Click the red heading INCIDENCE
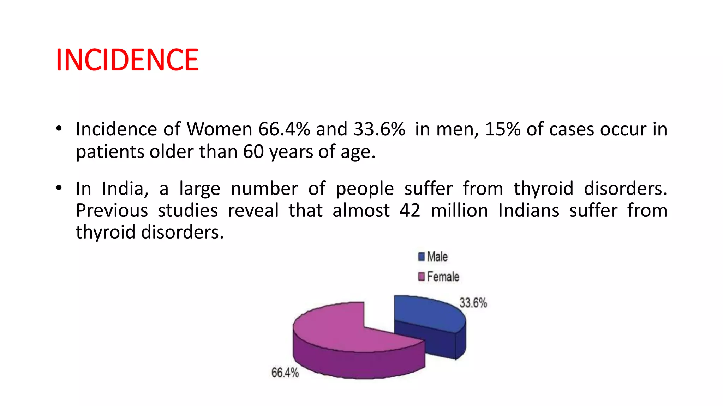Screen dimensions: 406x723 [x=127, y=60]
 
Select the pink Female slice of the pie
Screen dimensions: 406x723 [x=339, y=331]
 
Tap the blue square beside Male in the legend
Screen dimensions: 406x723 [x=421, y=257]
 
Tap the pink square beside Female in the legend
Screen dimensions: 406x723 [x=421, y=277]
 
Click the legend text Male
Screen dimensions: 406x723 [x=437, y=257]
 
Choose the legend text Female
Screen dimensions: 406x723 [x=443, y=277]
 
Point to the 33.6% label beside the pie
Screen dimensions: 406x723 [x=473, y=303]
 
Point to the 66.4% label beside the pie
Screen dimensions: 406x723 [x=285, y=373]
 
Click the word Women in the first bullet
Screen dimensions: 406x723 [x=219, y=129]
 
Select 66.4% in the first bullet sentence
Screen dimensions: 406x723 [x=284, y=129]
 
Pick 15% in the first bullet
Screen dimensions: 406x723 [x=503, y=129]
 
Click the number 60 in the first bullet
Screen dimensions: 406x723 [x=253, y=152]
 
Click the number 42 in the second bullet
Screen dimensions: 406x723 [x=410, y=211]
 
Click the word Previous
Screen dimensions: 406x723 [x=112, y=211]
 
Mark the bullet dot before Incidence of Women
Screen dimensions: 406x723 [x=59, y=128]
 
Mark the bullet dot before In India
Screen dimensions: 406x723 [x=59, y=188]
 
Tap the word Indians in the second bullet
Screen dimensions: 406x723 [x=528, y=211]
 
